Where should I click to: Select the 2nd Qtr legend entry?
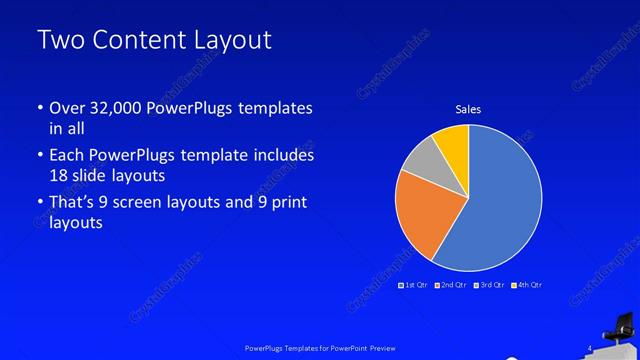point(451,285)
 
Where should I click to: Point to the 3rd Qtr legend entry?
point(489,285)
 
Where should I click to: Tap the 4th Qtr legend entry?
point(526,285)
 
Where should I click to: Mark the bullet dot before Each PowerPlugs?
point(39,156)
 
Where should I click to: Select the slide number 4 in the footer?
point(590,347)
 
